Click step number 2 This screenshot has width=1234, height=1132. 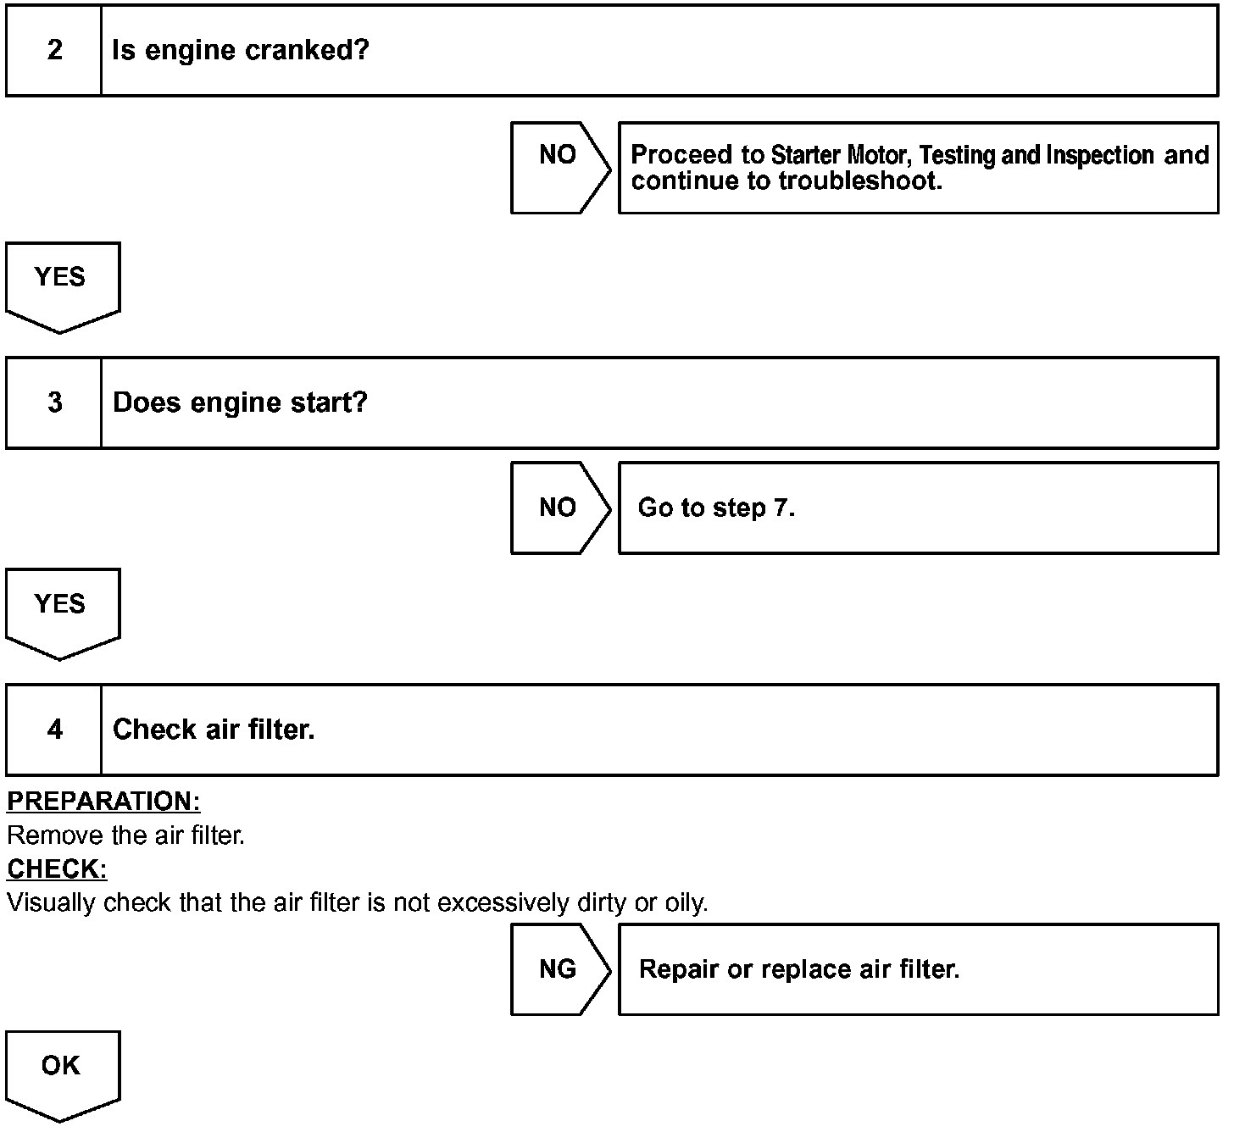point(54,50)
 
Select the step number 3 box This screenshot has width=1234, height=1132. point(54,402)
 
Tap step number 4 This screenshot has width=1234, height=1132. point(54,730)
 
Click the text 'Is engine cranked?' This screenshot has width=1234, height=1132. point(241,50)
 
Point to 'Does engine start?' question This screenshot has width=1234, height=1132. point(240,402)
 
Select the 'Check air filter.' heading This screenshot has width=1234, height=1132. point(214,730)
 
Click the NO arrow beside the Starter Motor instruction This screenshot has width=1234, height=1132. point(559,167)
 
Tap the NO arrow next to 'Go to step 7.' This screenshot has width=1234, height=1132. point(559,508)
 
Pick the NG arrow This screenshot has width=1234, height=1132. point(559,969)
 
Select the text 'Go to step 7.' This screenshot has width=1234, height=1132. point(716,508)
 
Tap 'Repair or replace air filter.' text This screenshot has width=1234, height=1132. point(799,969)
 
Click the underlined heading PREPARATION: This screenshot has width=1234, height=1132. point(103,802)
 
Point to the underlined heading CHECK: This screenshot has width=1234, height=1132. point(57,869)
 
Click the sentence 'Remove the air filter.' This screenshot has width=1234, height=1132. point(125,836)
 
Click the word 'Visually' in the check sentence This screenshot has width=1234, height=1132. point(51,903)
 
